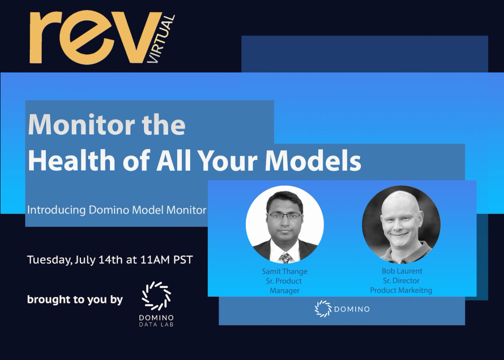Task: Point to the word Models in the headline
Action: point(313,160)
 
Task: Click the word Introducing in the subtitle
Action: point(56,210)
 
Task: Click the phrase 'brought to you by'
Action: point(75,300)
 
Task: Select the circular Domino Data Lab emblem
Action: point(156,296)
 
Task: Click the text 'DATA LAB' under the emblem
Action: point(156,325)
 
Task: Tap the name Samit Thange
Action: point(285,271)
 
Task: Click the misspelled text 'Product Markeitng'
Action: point(401,290)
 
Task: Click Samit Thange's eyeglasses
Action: point(284,216)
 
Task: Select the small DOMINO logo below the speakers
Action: point(342,309)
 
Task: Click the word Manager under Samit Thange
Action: point(284,291)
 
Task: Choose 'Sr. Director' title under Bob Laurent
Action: point(401,281)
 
